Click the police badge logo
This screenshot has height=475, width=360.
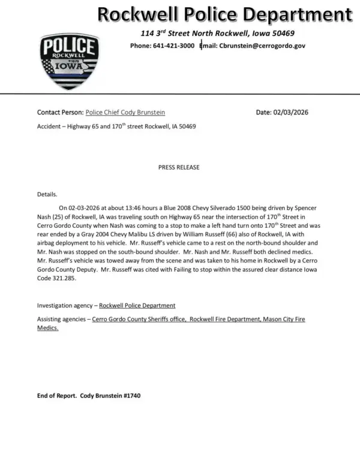[70, 61]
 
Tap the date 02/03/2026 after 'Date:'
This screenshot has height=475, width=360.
[292, 112]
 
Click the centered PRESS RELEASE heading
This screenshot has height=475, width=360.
[179, 167]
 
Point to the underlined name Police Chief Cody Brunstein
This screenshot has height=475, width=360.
[125, 112]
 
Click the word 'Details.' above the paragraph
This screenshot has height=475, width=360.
[47, 194]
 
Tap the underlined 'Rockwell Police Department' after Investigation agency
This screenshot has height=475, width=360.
[137, 306]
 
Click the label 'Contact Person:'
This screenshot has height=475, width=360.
[60, 112]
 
